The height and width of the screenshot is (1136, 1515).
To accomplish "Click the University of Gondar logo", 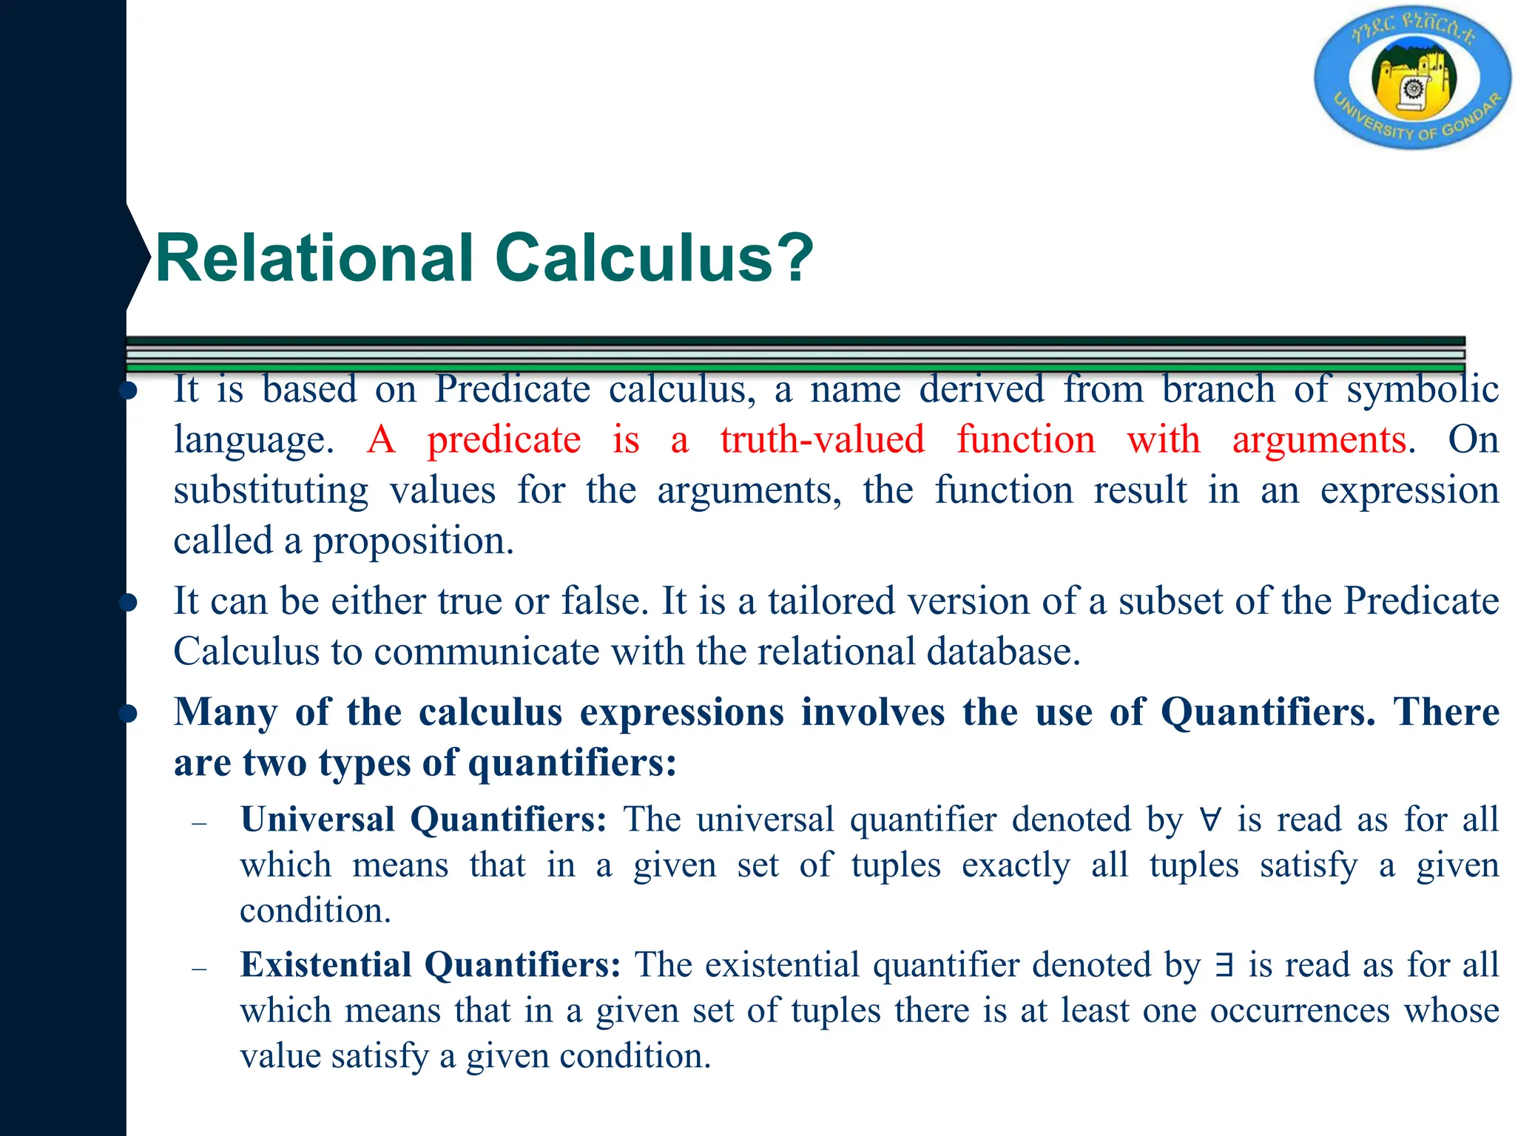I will pos(1411,78).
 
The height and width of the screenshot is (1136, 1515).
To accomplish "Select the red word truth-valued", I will pos(822,440).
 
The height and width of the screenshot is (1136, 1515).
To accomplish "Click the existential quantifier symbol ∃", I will pos(1224,965).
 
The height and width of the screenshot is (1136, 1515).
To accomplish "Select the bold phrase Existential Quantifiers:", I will pos(430,965).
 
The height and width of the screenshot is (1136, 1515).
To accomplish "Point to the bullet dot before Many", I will pos(129,713).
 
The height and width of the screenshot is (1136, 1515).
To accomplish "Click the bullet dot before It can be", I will pos(129,602).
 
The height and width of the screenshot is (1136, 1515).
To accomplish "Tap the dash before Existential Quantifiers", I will pos(198,968).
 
